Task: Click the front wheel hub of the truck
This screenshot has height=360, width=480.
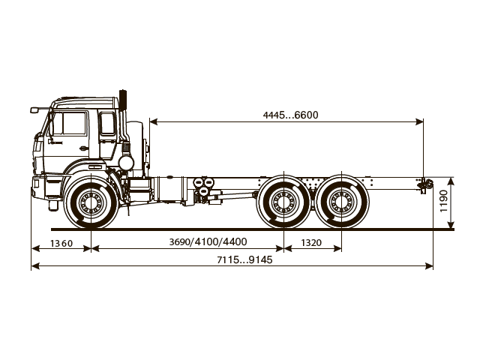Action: click(91, 202)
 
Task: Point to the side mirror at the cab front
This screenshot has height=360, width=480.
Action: click(34, 110)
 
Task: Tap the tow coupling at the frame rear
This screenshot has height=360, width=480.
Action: click(424, 183)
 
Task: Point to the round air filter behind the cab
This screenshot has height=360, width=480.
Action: click(126, 162)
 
